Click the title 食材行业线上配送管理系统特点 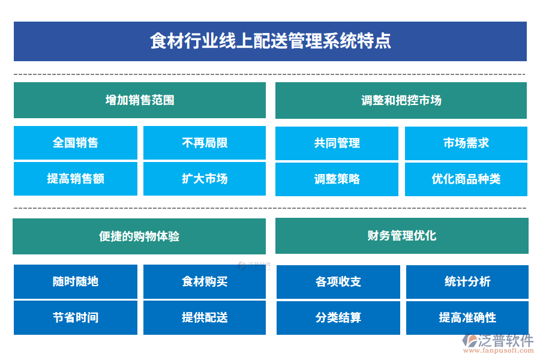pos(270,41)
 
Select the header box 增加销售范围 pos(139,100)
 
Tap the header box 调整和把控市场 pos(401,100)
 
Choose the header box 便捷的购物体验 pos(139,236)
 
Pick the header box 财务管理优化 pos(401,236)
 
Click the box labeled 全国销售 pos(76,143)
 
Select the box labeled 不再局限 pos(205,143)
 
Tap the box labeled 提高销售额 pos(76,179)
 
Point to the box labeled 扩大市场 pos(205,179)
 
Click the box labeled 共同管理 pos(337,143)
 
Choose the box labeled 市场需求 pos(466,143)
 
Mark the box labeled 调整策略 pos(337,179)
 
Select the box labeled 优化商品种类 pos(466,179)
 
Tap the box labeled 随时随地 pos(76,281)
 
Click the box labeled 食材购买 pos(205,281)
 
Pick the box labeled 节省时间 pos(76,317)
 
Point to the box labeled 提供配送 pos(205,317)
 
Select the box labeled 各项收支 pos(338,281)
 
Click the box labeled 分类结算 pos(338,317)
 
